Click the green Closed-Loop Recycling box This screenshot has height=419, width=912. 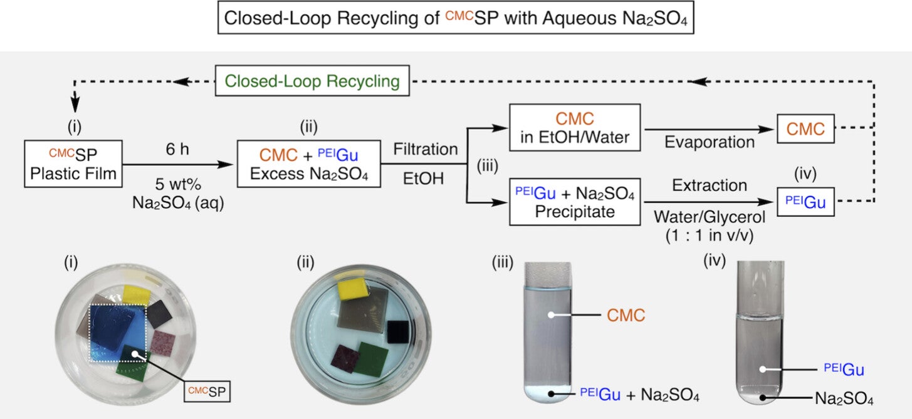click(312, 81)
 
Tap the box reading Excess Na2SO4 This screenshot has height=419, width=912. click(308, 163)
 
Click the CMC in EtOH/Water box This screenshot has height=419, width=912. click(575, 128)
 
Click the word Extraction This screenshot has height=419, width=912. click(709, 185)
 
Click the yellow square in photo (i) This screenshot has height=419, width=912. click(137, 293)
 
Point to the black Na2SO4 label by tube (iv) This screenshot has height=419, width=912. click(844, 396)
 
